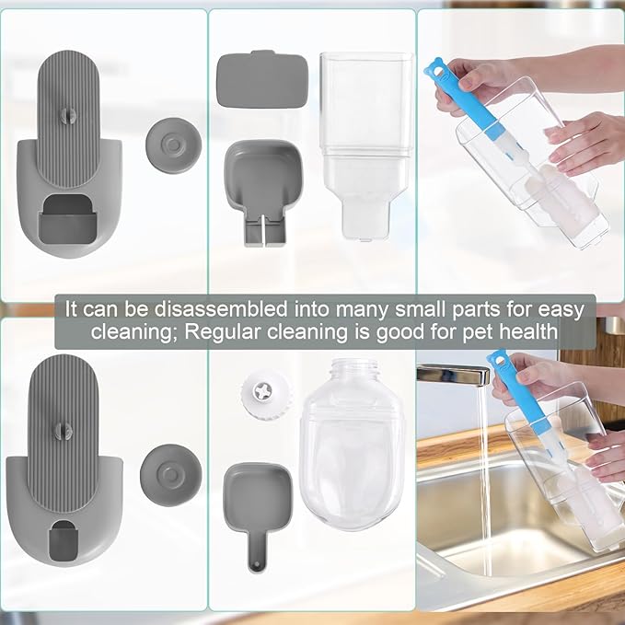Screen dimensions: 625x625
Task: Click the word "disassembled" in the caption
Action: coord(221,309)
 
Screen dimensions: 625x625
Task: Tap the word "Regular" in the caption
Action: coord(222,331)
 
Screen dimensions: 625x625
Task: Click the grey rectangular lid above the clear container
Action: coord(262,79)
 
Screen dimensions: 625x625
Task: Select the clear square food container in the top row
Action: coord(365,145)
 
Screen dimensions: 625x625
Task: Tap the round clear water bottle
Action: coord(352,444)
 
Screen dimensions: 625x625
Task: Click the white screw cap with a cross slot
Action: coord(263,393)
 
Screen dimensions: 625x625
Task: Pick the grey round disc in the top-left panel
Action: coord(173,145)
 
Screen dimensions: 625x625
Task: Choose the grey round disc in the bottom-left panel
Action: coord(170,475)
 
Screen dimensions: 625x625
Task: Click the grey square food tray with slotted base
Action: coord(262,191)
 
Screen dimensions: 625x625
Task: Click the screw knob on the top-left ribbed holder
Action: coord(67,115)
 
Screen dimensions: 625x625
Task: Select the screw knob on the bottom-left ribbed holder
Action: coord(64,432)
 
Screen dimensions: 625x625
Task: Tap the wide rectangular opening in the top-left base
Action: coord(68,218)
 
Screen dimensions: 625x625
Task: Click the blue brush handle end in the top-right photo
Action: coord(437,71)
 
